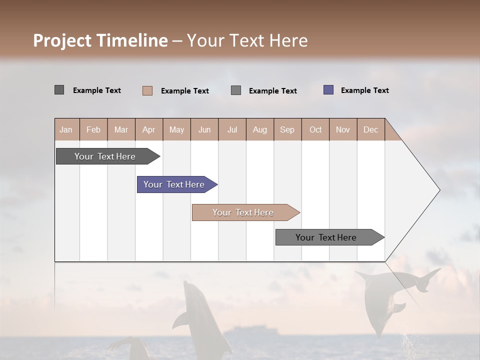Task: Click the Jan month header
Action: coord(66,129)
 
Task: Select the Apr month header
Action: coord(149,129)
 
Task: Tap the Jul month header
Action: coord(232,129)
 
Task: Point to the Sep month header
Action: coord(287,129)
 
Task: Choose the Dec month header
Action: coord(370,129)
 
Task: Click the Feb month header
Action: coord(93,129)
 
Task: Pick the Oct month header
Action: coord(315,129)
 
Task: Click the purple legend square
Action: coord(328,90)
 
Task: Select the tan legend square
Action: coord(147,90)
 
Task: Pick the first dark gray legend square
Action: coord(59,90)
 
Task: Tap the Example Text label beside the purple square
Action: coord(364,90)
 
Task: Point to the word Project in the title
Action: coord(62,40)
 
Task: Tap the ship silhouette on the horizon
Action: coord(250,331)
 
